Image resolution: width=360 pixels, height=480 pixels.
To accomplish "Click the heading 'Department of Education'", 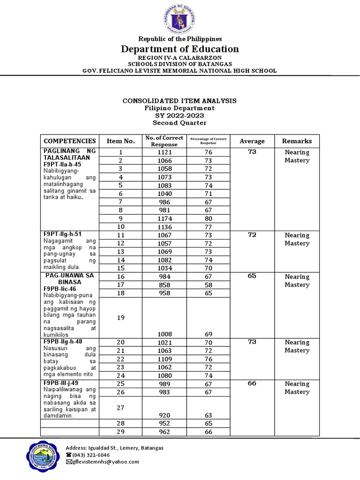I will [180, 49].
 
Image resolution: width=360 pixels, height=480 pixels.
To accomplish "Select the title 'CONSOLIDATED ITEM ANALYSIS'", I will [180, 101].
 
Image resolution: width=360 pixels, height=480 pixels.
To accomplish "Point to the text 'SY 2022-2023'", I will [180, 115].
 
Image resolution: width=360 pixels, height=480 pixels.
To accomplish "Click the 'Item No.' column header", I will [120, 141].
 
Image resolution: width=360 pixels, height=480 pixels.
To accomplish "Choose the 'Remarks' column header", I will [297, 141].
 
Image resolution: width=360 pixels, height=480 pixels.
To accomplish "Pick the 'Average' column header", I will [252, 141].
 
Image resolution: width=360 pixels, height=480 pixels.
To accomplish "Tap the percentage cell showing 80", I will [208, 218].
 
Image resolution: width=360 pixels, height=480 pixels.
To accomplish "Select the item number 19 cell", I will [120, 317].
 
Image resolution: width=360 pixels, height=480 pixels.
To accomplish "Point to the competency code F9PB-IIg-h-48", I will [62, 341].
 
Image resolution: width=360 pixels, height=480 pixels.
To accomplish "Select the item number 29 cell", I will [120, 432].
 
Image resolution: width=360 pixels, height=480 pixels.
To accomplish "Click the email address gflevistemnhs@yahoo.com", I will [106, 462].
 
